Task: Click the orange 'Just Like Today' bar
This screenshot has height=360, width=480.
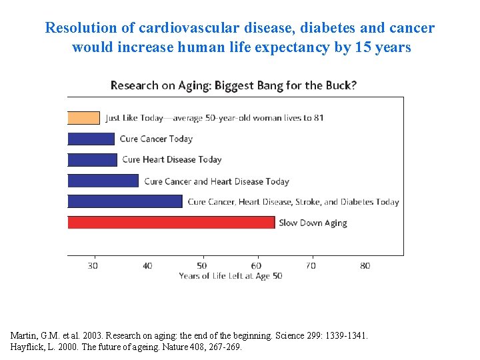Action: pos(84,118)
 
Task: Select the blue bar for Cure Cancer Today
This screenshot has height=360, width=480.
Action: pos(91,139)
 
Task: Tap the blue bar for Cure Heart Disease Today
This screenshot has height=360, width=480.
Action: pos(93,159)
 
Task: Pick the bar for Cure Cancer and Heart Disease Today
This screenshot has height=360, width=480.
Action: pos(103,181)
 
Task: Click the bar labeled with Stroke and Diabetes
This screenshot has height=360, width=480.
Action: pos(125,201)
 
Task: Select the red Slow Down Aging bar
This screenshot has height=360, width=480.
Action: pos(171,223)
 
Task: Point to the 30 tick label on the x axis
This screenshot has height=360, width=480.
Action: pos(93,265)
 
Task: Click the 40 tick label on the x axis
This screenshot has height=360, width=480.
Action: pos(147,265)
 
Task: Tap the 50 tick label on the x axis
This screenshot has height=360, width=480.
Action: pos(202,265)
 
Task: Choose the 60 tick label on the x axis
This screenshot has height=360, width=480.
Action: pos(257,265)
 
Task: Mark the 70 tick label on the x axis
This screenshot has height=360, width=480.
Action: pos(311,265)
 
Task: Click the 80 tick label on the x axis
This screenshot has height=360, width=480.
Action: pos(365,265)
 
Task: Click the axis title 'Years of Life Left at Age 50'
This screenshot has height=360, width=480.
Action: pos(230,276)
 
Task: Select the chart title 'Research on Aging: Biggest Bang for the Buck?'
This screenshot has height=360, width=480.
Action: pos(233,85)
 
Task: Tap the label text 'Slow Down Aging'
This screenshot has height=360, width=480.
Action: pos(313,223)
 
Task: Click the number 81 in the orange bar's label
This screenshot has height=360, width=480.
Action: pos(318,118)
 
